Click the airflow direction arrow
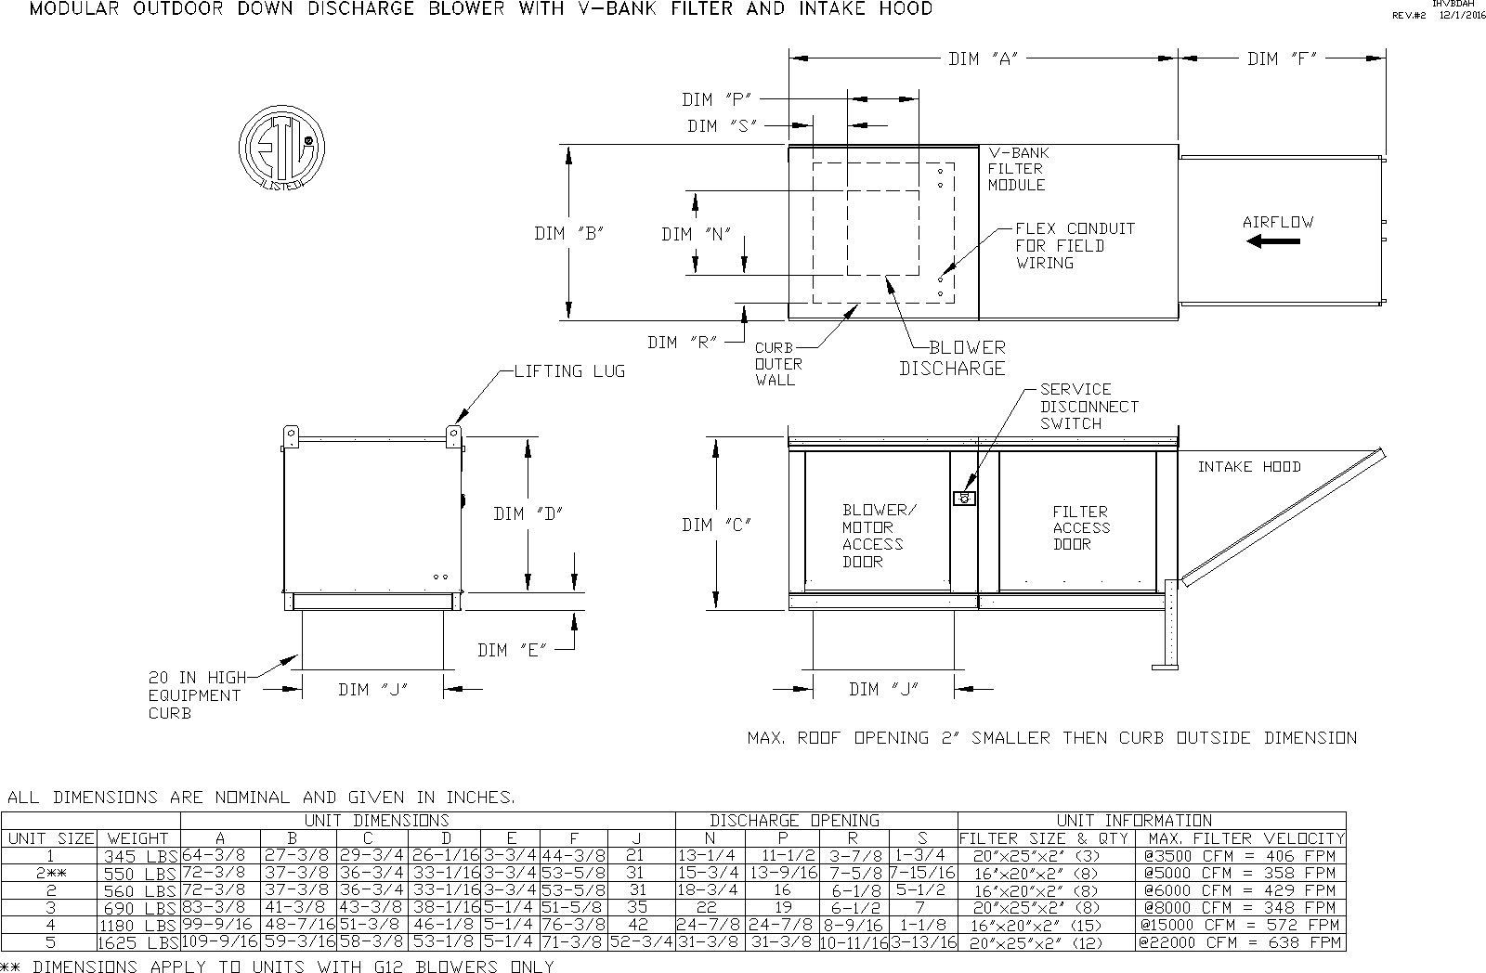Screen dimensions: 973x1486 coord(1273,241)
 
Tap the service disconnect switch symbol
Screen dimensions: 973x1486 coord(965,499)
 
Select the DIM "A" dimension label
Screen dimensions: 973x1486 coord(984,59)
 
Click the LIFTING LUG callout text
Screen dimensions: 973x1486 coord(569,371)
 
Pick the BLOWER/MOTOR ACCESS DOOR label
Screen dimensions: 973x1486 coord(879,536)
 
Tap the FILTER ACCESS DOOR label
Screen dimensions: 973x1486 coord(1080,527)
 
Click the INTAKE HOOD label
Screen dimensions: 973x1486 coord(1249,467)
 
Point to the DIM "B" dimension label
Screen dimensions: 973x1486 coord(569,234)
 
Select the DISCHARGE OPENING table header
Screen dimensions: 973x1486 coord(794,821)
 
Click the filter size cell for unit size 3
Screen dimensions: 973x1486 coord(1047,908)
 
